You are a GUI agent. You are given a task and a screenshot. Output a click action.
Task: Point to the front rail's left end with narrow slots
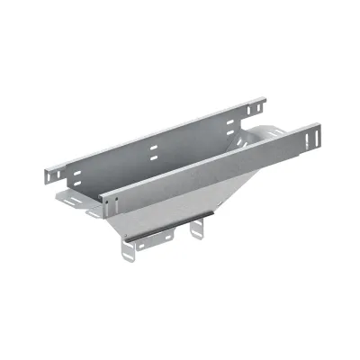coord(106,201)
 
